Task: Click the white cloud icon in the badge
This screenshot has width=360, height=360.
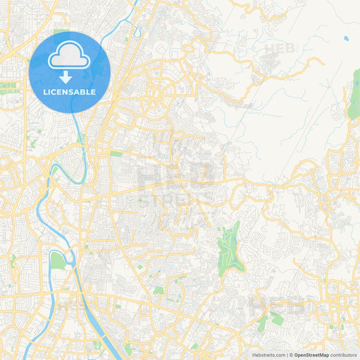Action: (x=70, y=56)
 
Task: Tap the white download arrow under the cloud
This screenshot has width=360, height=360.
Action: (x=70, y=76)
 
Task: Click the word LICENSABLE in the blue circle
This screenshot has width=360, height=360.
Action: (x=70, y=91)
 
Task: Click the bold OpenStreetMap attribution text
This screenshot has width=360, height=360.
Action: (x=311, y=354)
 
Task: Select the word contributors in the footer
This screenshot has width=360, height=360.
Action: (x=344, y=354)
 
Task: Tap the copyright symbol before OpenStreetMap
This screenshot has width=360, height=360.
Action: (x=291, y=354)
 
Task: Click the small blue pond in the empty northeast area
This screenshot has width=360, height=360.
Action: (x=346, y=38)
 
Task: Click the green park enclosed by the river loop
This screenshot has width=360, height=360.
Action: (x=59, y=259)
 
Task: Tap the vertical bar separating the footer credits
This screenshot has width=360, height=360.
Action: (x=286, y=354)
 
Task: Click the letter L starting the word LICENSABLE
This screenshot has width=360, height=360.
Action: (x=45, y=91)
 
